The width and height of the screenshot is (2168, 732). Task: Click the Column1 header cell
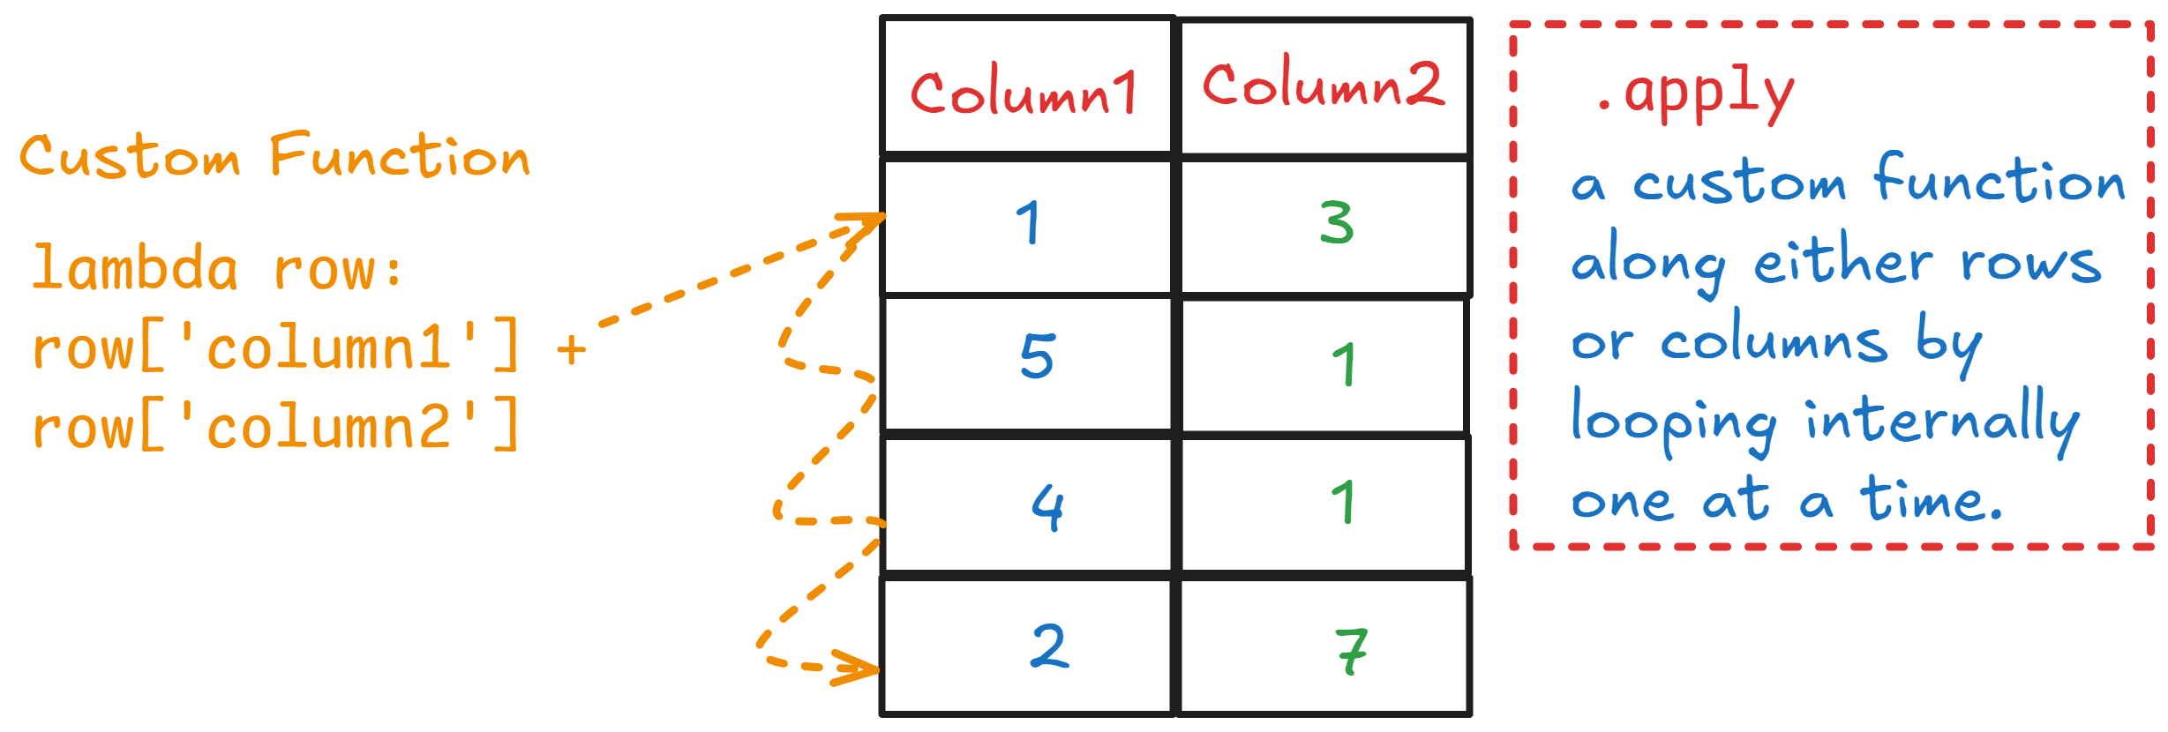(1028, 86)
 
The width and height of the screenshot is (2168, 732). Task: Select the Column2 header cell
(1324, 86)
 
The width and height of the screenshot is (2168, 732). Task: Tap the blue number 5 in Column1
(1037, 356)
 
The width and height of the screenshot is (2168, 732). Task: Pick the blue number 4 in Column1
(1048, 506)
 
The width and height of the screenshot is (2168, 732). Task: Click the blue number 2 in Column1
(1049, 646)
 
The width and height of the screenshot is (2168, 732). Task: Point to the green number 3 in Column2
(1337, 222)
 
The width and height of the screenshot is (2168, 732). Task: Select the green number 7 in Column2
(1351, 652)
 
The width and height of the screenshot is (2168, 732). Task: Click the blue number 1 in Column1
(1029, 222)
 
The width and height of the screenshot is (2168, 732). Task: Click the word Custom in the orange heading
(130, 156)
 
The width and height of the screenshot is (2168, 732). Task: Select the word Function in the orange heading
(400, 155)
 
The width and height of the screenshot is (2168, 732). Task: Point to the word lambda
(135, 267)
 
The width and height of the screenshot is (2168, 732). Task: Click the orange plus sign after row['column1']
(572, 349)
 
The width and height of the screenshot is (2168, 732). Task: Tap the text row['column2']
(275, 426)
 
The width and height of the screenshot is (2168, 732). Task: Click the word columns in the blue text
(1774, 340)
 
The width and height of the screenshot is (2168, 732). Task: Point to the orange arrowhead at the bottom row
(856, 668)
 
